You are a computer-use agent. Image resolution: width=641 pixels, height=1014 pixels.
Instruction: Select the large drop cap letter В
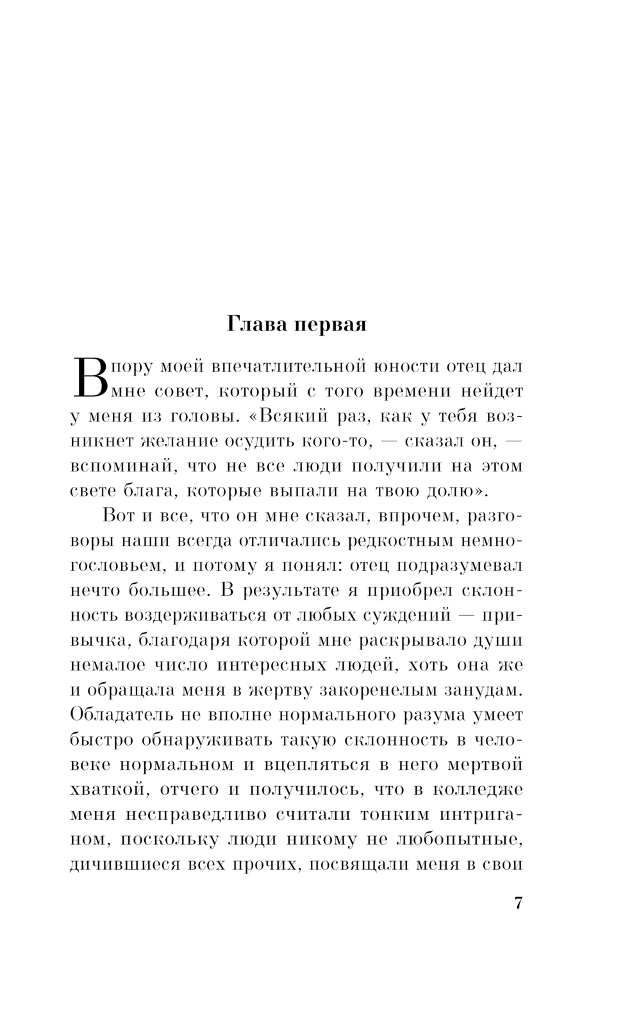(x=87, y=377)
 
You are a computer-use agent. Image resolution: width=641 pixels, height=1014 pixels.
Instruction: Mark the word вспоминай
(x=115, y=466)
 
